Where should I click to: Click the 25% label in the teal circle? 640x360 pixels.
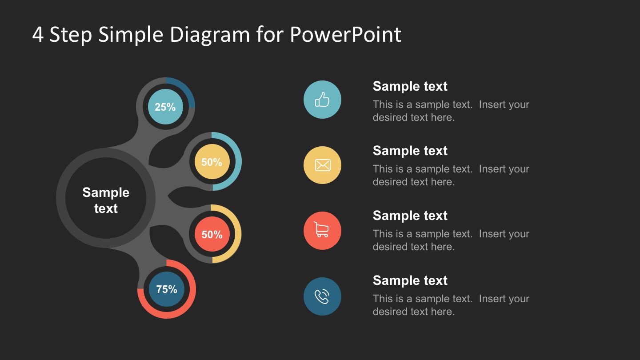coord(165,107)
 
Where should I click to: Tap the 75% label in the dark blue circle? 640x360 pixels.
coord(167,289)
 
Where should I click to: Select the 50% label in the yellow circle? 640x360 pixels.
coord(212,162)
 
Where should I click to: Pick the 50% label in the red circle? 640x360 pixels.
coord(212,235)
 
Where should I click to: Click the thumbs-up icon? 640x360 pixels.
coord(322,100)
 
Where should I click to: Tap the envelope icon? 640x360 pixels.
coord(322,165)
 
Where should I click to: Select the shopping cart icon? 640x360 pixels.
coord(322,230)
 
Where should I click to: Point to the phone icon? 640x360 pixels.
coord(322,296)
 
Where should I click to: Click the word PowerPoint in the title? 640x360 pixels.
coord(345,35)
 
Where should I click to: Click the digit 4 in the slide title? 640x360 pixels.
coord(38,35)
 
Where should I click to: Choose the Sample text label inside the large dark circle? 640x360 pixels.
coord(106,200)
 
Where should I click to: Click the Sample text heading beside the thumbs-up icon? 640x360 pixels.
coord(410,86)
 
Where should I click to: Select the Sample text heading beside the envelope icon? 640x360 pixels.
coord(410,151)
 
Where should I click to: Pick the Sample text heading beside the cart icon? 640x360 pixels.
coord(410,216)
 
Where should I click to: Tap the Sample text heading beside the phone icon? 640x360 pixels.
coord(410,280)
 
